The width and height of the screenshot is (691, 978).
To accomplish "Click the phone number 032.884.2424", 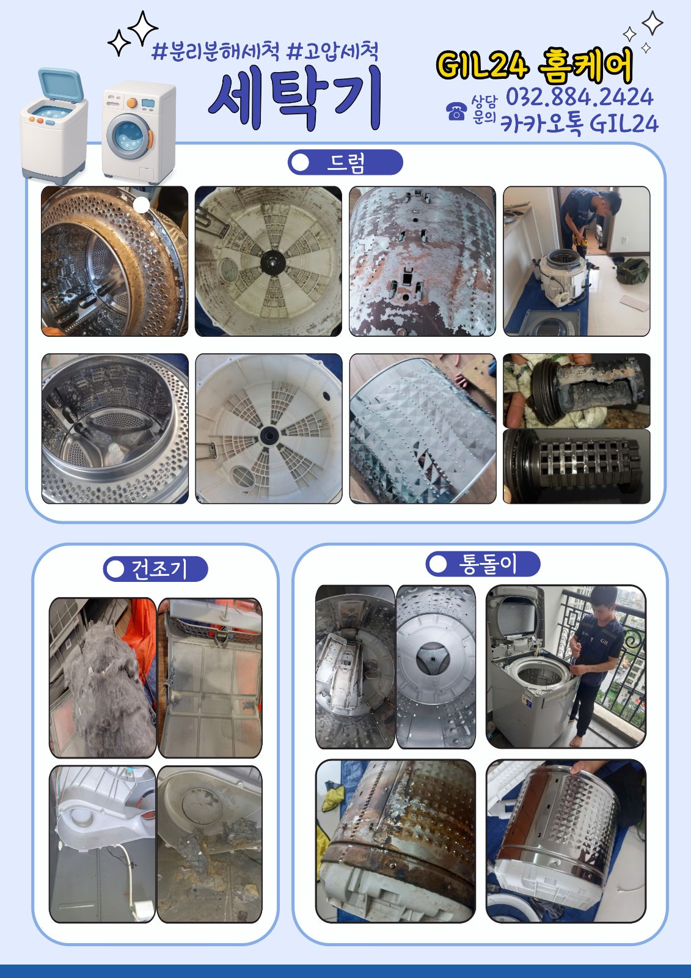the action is point(579,97).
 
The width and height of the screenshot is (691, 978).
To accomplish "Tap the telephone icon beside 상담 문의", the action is point(456,111).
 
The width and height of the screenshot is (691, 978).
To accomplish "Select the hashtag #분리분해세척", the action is point(216,51).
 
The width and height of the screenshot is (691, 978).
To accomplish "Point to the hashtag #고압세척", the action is point(332,51).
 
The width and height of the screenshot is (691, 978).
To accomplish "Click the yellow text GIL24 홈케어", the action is point(535,65).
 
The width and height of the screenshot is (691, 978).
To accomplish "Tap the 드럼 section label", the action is point(345,163).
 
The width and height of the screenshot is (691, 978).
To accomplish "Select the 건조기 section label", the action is point(155,569).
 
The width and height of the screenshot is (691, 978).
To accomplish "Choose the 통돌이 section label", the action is point(483,564).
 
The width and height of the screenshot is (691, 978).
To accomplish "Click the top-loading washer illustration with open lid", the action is point(54,125).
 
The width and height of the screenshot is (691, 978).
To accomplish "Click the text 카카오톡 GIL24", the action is point(579,123).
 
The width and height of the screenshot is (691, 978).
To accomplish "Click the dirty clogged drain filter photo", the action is point(577,391).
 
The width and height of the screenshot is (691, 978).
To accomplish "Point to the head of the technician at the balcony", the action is point(602,600).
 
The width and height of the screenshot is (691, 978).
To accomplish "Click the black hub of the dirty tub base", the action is point(273,262).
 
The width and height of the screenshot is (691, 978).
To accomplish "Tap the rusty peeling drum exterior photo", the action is point(422,261).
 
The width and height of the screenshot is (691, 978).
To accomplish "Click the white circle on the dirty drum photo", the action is point(141,205).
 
